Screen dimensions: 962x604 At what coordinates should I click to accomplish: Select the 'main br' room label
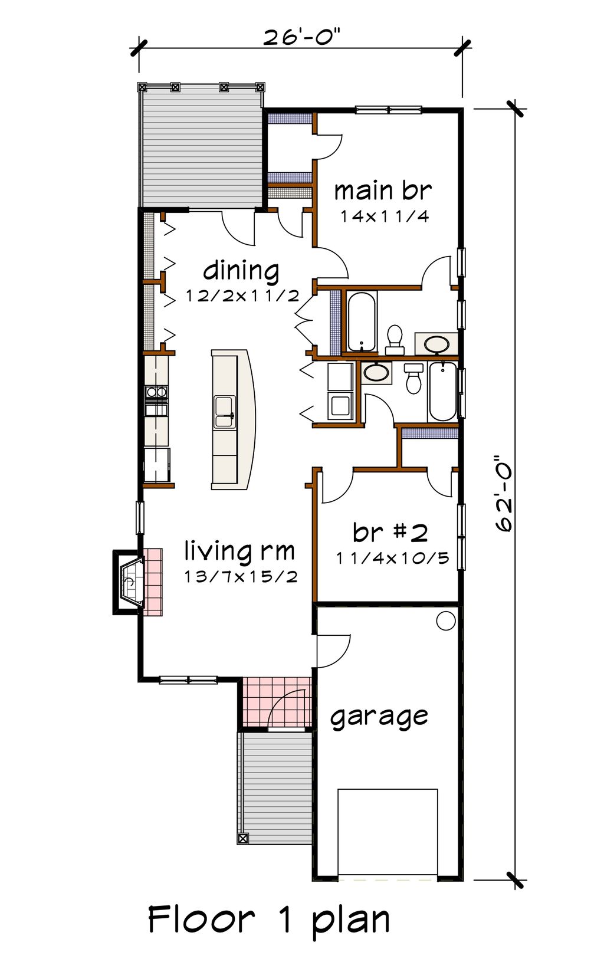tap(383, 191)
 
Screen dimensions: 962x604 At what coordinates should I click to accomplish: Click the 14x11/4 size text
tap(384, 216)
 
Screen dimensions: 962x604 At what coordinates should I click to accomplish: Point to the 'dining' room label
tap(241, 271)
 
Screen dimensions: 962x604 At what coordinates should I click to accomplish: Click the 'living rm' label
tap(239, 551)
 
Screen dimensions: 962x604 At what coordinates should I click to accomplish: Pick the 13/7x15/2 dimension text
tap(241, 576)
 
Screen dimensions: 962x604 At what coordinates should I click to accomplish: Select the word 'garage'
tap(379, 717)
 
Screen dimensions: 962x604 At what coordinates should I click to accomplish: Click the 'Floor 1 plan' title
tap(269, 919)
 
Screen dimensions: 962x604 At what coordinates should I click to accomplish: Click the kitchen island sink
tap(224, 412)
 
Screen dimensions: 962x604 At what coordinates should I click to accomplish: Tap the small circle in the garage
tap(445, 620)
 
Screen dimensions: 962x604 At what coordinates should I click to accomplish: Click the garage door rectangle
tap(388, 832)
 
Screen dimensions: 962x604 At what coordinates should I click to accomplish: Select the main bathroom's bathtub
tap(361, 321)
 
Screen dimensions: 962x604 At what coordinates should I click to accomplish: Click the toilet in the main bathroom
tap(394, 338)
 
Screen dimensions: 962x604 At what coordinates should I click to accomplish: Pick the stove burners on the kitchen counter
tap(156, 391)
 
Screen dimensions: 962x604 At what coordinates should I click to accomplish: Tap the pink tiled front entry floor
tap(277, 702)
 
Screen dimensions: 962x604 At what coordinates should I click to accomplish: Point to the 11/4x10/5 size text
tap(393, 557)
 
